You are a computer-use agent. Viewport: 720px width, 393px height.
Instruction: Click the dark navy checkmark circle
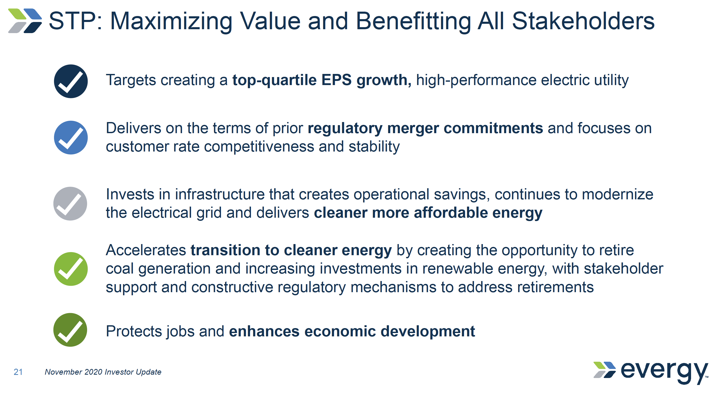71,81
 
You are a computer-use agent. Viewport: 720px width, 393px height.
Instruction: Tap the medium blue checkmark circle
71,138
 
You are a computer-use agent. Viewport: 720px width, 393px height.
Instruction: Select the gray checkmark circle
70,204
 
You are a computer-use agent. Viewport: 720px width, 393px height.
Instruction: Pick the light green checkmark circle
71,269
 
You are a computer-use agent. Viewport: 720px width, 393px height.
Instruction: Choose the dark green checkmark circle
70,330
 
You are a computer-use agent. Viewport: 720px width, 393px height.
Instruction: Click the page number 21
18,372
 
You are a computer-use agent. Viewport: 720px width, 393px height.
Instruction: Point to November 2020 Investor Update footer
103,372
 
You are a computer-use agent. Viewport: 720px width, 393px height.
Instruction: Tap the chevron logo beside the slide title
25,21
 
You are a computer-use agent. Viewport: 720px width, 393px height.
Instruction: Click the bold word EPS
336,80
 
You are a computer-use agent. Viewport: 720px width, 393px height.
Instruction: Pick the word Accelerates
145,250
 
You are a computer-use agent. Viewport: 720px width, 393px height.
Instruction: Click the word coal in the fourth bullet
120,269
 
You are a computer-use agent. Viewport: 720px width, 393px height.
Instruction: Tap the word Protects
134,331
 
